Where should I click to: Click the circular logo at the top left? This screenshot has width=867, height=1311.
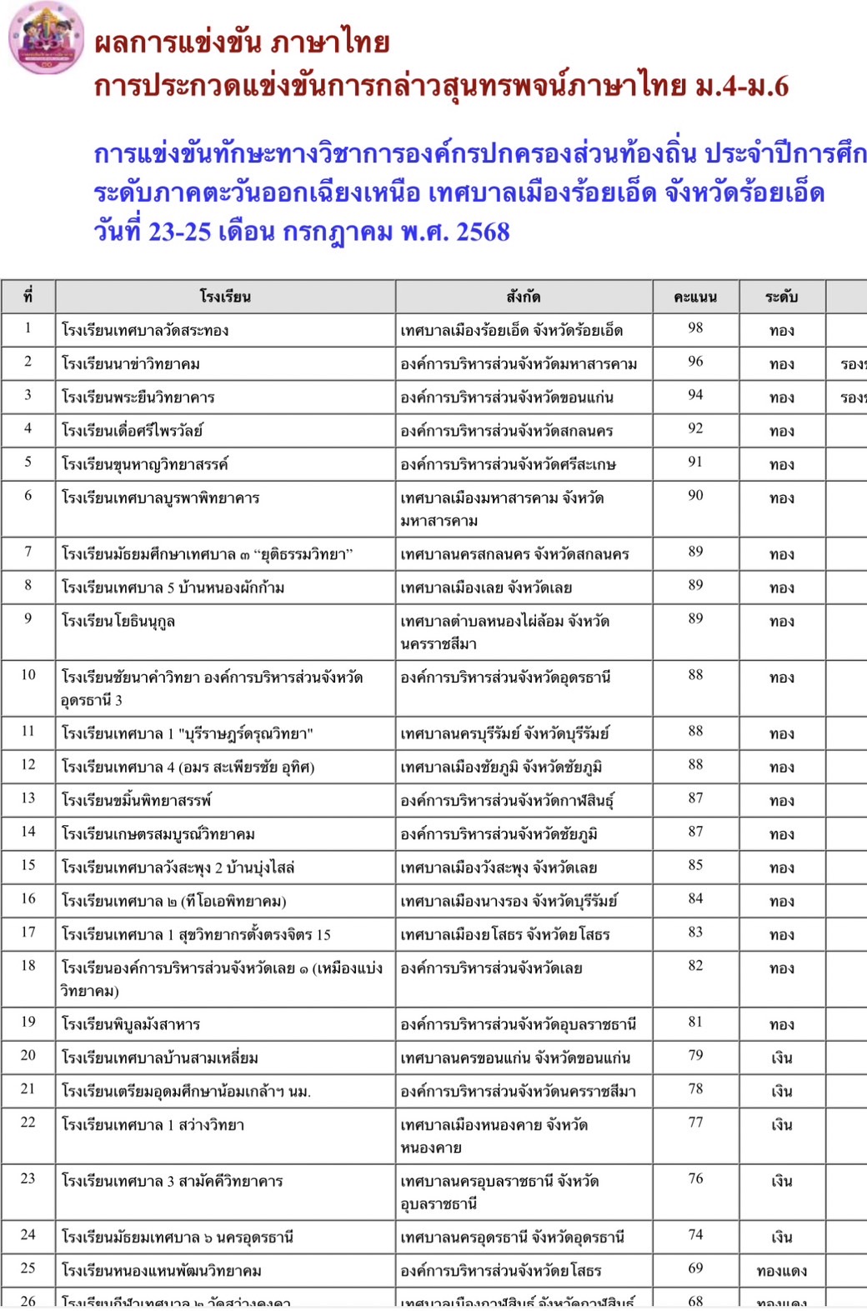click(x=46, y=38)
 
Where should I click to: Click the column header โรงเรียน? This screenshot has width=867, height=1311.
click(x=225, y=297)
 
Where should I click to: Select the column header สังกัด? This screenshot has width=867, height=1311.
click(x=524, y=297)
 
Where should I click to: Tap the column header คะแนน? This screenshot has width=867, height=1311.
click(x=695, y=297)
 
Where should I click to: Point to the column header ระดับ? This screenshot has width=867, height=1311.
click(x=781, y=297)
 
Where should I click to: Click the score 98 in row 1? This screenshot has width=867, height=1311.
click(x=695, y=328)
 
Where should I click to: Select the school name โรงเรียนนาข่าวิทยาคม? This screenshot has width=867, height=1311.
click(x=131, y=364)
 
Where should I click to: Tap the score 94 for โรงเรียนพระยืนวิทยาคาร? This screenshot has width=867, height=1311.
click(x=695, y=395)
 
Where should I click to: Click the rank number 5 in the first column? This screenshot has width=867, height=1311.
click(x=28, y=462)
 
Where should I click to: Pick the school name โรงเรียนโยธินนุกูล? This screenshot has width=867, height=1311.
click(x=118, y=622)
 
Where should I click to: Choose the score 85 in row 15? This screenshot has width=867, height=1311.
click(x=695, y=865)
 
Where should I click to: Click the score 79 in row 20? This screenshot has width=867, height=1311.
click(x=695, y=1056)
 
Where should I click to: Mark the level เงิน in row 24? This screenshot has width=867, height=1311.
click(x=781, y=1238)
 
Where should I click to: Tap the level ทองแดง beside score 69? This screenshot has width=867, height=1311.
click(x=781, y=1271)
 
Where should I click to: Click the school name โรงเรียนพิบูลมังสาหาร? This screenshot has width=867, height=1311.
click(x=131, y=1024)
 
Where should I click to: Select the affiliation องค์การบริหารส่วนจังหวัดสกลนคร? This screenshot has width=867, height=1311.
click(x=507, y=431)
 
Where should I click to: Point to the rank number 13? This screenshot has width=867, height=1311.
click(x=28, y=798)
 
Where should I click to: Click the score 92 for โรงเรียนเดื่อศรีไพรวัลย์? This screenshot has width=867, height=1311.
click(x=695, y=428)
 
